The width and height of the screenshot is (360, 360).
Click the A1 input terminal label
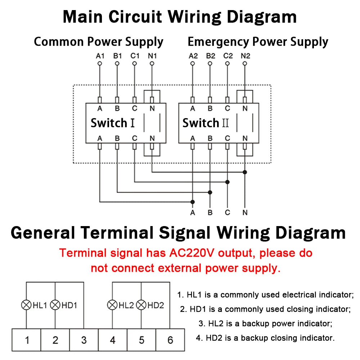(x=100, y=56)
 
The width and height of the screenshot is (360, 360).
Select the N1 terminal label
(x=152, y=56)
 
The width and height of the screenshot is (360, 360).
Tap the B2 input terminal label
(x=210, y=56)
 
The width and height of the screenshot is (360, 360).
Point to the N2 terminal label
(x=245, y=56)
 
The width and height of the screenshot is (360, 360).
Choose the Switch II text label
(x=205, y=123)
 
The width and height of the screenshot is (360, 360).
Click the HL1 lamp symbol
(x=26, y=305)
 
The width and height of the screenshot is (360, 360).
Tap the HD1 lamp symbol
(x=55, y=305)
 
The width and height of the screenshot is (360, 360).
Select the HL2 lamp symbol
(x=112, y=305)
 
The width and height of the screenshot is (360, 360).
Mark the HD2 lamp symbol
(x=141, y=305)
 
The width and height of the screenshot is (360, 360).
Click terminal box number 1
(x=27, y=340)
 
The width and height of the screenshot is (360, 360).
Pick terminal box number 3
(x=84, y=340)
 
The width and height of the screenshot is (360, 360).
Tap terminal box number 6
(x=170, y=340)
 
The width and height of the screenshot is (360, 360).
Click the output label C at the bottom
(x=228, y=212)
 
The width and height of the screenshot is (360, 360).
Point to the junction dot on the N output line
(x=245, y=172)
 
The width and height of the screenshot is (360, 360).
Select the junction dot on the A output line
(x=193, y=202)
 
